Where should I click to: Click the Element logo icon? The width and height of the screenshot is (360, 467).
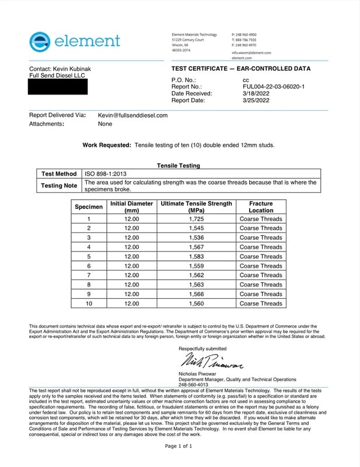click(x=39, y=41)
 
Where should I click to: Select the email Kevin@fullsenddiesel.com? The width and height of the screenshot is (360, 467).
click(x=132, y=116)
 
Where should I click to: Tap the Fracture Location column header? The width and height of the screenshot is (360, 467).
click(x=260, y=207)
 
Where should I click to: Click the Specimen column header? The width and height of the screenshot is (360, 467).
click(x=89, y=207)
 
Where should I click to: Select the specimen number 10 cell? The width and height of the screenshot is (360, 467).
click(x=89, y=304)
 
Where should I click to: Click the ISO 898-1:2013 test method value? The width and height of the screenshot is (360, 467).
click(x=107, y=173)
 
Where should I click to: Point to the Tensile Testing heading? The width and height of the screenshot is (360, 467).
click(x=179, y=166)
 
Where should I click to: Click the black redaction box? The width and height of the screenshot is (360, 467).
click(x=58, y=87)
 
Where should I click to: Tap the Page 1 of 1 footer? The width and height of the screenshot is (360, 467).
click(x=179, y=446)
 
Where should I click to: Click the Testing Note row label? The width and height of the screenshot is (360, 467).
click(x=59, y=186)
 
